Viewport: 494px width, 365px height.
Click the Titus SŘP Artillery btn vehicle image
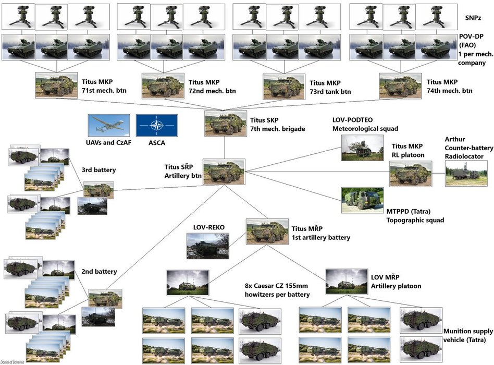pyautogui.click(x=224, y=172)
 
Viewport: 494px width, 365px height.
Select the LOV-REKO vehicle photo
pyautogui.click(x=207, y=246)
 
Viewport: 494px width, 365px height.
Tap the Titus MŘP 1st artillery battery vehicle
pyautogui.click(x=267, y=232)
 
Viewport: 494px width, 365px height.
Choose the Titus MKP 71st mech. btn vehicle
pyautogui.click(x=55, y=85)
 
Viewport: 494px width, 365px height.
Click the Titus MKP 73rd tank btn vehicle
pyautogui.click(x=284, y=86)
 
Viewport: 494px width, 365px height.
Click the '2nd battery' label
pyautogui.click(x=98, y=271)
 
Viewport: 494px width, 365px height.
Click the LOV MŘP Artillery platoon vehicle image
pyautogui.click(x=347, y=282)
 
